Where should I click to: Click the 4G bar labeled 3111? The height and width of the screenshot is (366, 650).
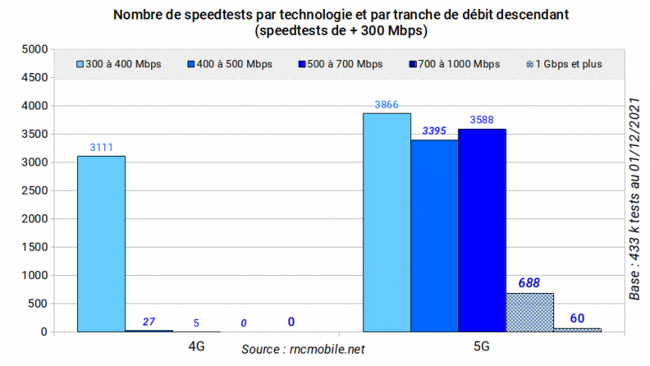(x=101, y=243)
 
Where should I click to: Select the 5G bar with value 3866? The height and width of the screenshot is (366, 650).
(x=386, y=222)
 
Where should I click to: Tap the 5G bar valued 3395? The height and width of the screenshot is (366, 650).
(x=434, y=235)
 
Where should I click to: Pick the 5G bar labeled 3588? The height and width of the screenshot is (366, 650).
(x=482, y=230)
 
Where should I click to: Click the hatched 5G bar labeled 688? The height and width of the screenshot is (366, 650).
(x=530, y=312)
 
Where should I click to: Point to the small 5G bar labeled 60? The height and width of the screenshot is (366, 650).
(x=578, y=329)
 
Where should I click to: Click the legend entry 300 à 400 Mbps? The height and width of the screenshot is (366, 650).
(x=119, y=63)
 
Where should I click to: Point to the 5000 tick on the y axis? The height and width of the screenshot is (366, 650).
(x=35, y=49)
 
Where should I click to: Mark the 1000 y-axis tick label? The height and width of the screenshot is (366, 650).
(x=35, y=275)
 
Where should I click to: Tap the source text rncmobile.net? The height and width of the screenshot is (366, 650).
(x=303, y=350)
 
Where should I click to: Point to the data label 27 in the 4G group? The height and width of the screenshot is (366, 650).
(x=149, y=322)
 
